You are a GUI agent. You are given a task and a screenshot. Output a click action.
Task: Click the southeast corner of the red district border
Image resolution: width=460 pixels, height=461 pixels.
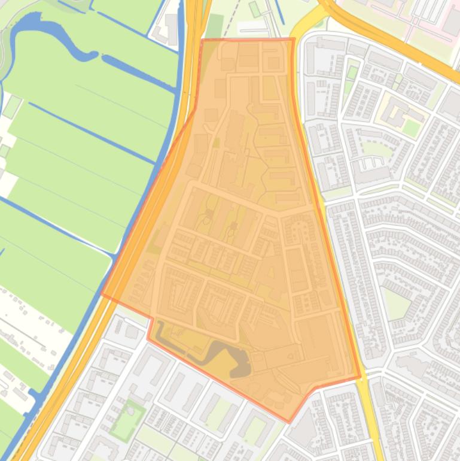[x=360, y=377]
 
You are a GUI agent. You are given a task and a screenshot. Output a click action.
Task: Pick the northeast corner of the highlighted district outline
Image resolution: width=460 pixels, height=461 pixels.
[x=293, y=40]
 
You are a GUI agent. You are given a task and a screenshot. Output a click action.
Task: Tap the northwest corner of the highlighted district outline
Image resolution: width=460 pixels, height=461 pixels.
[x=202, y=41]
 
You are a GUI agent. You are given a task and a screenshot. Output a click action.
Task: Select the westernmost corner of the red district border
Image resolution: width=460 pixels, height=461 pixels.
[x=102, y=294]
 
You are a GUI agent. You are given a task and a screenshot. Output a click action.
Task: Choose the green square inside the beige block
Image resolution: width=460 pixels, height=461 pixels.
[x=411, y=127]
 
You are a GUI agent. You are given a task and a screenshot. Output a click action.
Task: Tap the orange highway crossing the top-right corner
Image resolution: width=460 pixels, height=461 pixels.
[x=389, y=36]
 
